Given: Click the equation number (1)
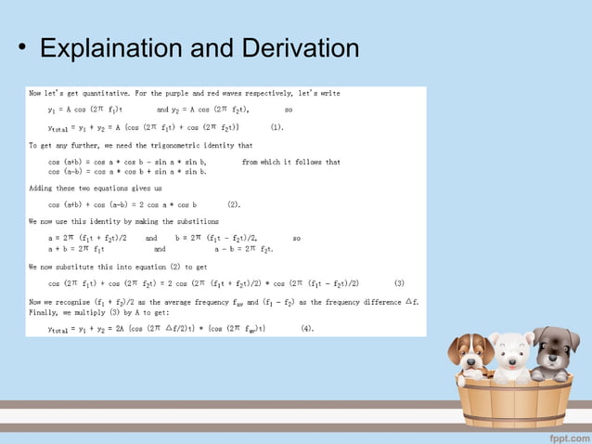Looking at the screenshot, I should [277, 126].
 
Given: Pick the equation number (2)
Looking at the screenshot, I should [233, 203].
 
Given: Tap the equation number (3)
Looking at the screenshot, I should [399, 282].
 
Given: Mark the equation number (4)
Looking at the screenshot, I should [307, 327].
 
